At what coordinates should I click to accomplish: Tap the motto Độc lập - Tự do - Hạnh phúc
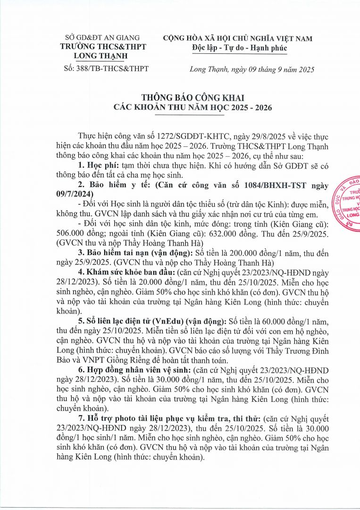click(x=239, y=48)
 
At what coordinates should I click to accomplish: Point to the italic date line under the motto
click(x=251, y=69)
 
